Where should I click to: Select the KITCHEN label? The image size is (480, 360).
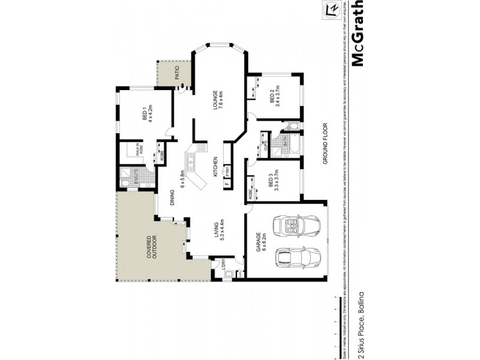click(x=215, y=165)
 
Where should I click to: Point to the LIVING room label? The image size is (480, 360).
click(x=217, y=231)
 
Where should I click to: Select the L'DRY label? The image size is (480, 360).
click(x=223, y=264)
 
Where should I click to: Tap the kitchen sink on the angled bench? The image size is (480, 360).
click(x=191, y=160)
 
